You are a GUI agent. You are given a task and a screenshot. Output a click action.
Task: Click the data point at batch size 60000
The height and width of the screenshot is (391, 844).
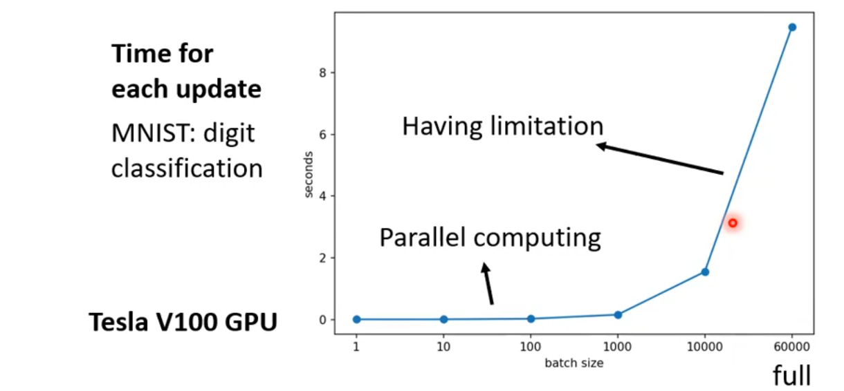coord(792,27)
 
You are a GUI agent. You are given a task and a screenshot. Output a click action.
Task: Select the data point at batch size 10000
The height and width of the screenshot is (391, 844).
coord(705,271)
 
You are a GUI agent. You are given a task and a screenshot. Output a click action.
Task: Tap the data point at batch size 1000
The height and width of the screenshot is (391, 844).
coord(618,314)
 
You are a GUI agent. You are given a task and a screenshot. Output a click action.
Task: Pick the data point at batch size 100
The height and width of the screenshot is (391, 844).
coord(531,318)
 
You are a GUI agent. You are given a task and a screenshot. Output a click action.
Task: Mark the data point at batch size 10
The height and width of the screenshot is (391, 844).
coord(443,319)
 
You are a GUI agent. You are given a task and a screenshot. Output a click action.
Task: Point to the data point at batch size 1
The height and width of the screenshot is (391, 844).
coord(356,319)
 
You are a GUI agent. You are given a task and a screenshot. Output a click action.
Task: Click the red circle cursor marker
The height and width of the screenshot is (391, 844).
coord(732,223)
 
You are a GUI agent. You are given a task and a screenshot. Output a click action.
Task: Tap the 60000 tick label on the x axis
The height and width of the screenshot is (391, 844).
coord(792,349)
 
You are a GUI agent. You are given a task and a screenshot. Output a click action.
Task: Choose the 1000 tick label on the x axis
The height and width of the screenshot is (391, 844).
coord(618,349)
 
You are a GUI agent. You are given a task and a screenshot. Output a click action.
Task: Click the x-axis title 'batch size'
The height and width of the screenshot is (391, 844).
coord(574,363)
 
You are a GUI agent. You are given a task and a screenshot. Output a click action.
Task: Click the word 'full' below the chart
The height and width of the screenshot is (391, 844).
coord(791,376)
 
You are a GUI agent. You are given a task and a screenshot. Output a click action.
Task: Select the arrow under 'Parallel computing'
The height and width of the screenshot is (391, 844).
coord(488,283)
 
